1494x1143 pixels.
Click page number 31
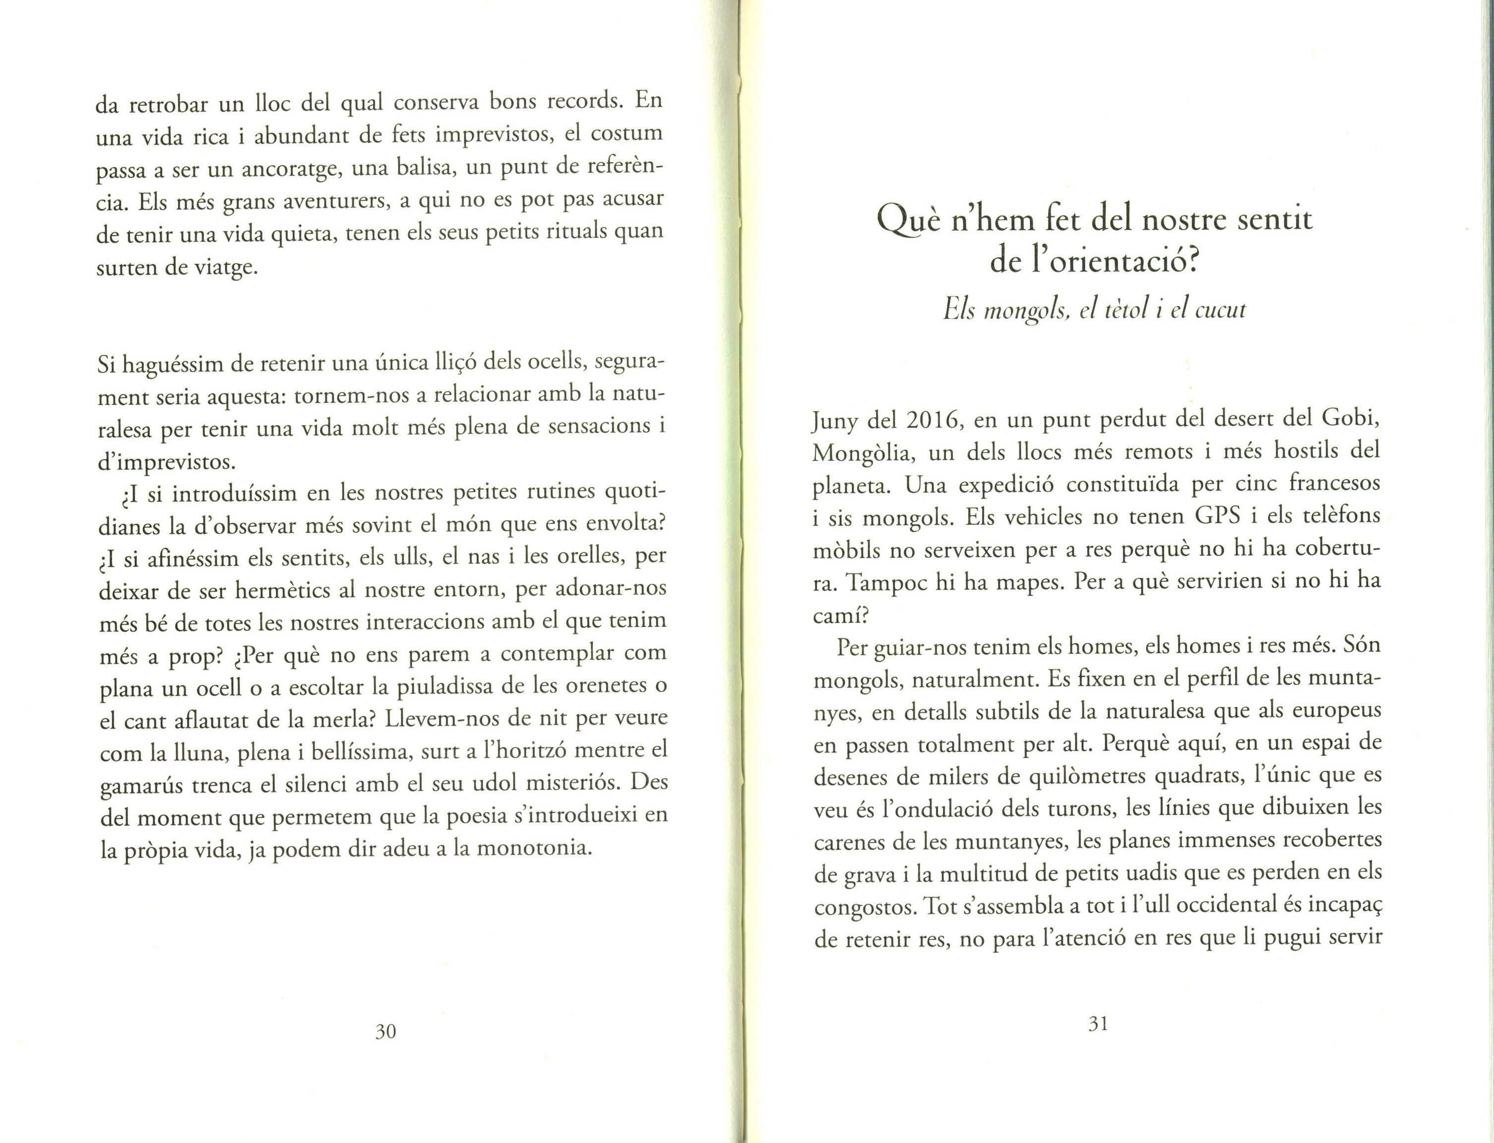tap(1098, 1024)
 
